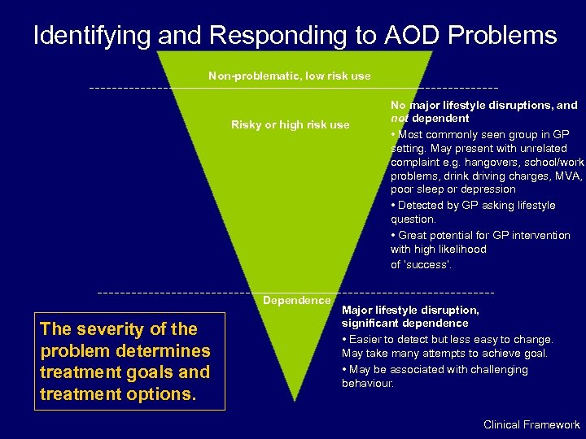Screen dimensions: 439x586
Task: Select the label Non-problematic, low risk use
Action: point(289,76)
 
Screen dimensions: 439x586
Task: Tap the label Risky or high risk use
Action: point(290,124)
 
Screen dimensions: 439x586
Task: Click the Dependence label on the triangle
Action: point(296,301)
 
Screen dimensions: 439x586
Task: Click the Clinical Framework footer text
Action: point(531,424)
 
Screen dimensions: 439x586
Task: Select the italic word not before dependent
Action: point(400,119)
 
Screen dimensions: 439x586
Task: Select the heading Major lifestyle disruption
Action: point(410,310)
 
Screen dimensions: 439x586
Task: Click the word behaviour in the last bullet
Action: point(367,383)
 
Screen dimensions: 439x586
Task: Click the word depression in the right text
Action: point(488,189)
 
